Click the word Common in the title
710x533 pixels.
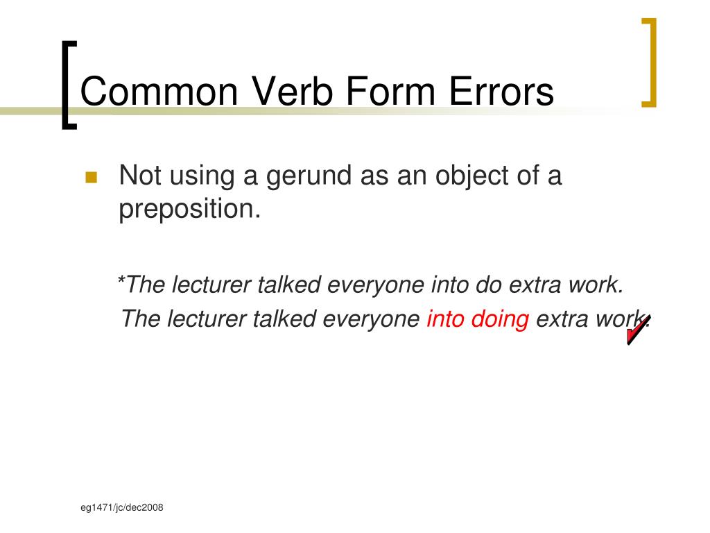[160, 93]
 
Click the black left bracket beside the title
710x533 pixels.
[67, 83]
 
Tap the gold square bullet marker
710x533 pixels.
[91, 178]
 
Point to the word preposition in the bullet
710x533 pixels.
[189, 209]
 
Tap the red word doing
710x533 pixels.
[500, 320]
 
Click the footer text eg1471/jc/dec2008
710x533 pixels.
[121, 508]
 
